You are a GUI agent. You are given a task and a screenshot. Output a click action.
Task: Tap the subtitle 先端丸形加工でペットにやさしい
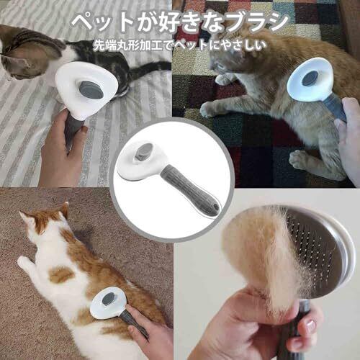[x=180, y=45]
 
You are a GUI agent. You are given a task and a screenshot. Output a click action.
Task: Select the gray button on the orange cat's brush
[x=310, y=78]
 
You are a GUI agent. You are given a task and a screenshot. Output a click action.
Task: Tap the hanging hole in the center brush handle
[x=215, y=207]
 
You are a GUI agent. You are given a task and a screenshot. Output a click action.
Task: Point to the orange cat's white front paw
[x=209, y=110]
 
